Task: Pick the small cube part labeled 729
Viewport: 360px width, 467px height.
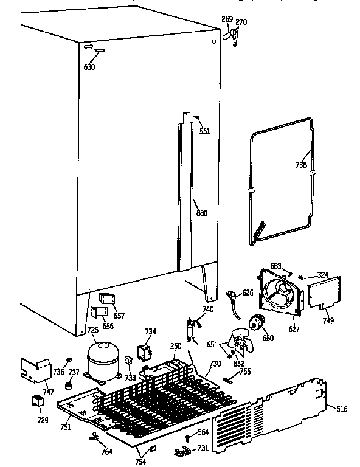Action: click(38, 401)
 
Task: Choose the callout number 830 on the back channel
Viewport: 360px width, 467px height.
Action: click(201, 213)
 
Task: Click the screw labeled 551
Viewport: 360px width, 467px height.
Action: click(198, 120)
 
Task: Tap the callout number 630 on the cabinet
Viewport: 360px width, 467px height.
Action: click(89, 67)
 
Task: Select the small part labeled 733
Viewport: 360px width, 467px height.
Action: click(128, 360)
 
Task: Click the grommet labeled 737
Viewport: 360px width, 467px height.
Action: click(71, 386)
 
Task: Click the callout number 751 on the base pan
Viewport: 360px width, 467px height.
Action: click(66, 427)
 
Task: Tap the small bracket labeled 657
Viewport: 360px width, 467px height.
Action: click(108, 300)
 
